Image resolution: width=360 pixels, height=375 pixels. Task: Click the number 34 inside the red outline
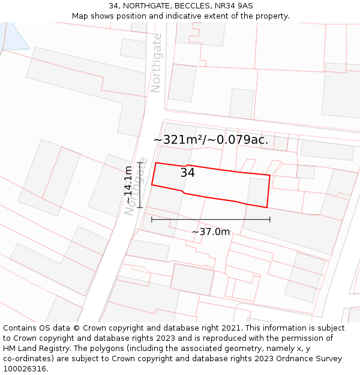(x=187, y=173)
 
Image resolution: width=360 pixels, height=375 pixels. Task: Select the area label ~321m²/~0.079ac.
(x=211, y=140)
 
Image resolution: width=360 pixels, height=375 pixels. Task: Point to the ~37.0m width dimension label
(x=211, y=232)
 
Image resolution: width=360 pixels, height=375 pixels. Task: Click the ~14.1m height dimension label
(x=128, y=185)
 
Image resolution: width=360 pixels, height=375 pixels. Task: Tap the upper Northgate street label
(x=156, y=62)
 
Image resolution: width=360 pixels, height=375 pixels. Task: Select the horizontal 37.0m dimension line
(x=211, y=220)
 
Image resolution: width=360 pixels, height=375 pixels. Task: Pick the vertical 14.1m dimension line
(x=140, y=185)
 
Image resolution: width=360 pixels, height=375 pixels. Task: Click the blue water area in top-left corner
(x=14, y=35)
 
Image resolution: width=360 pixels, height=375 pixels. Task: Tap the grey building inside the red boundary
(x=258, y=191)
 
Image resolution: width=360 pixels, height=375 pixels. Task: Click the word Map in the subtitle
(x=80, y=16)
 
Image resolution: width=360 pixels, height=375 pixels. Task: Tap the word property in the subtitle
(x=272, y=16)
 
